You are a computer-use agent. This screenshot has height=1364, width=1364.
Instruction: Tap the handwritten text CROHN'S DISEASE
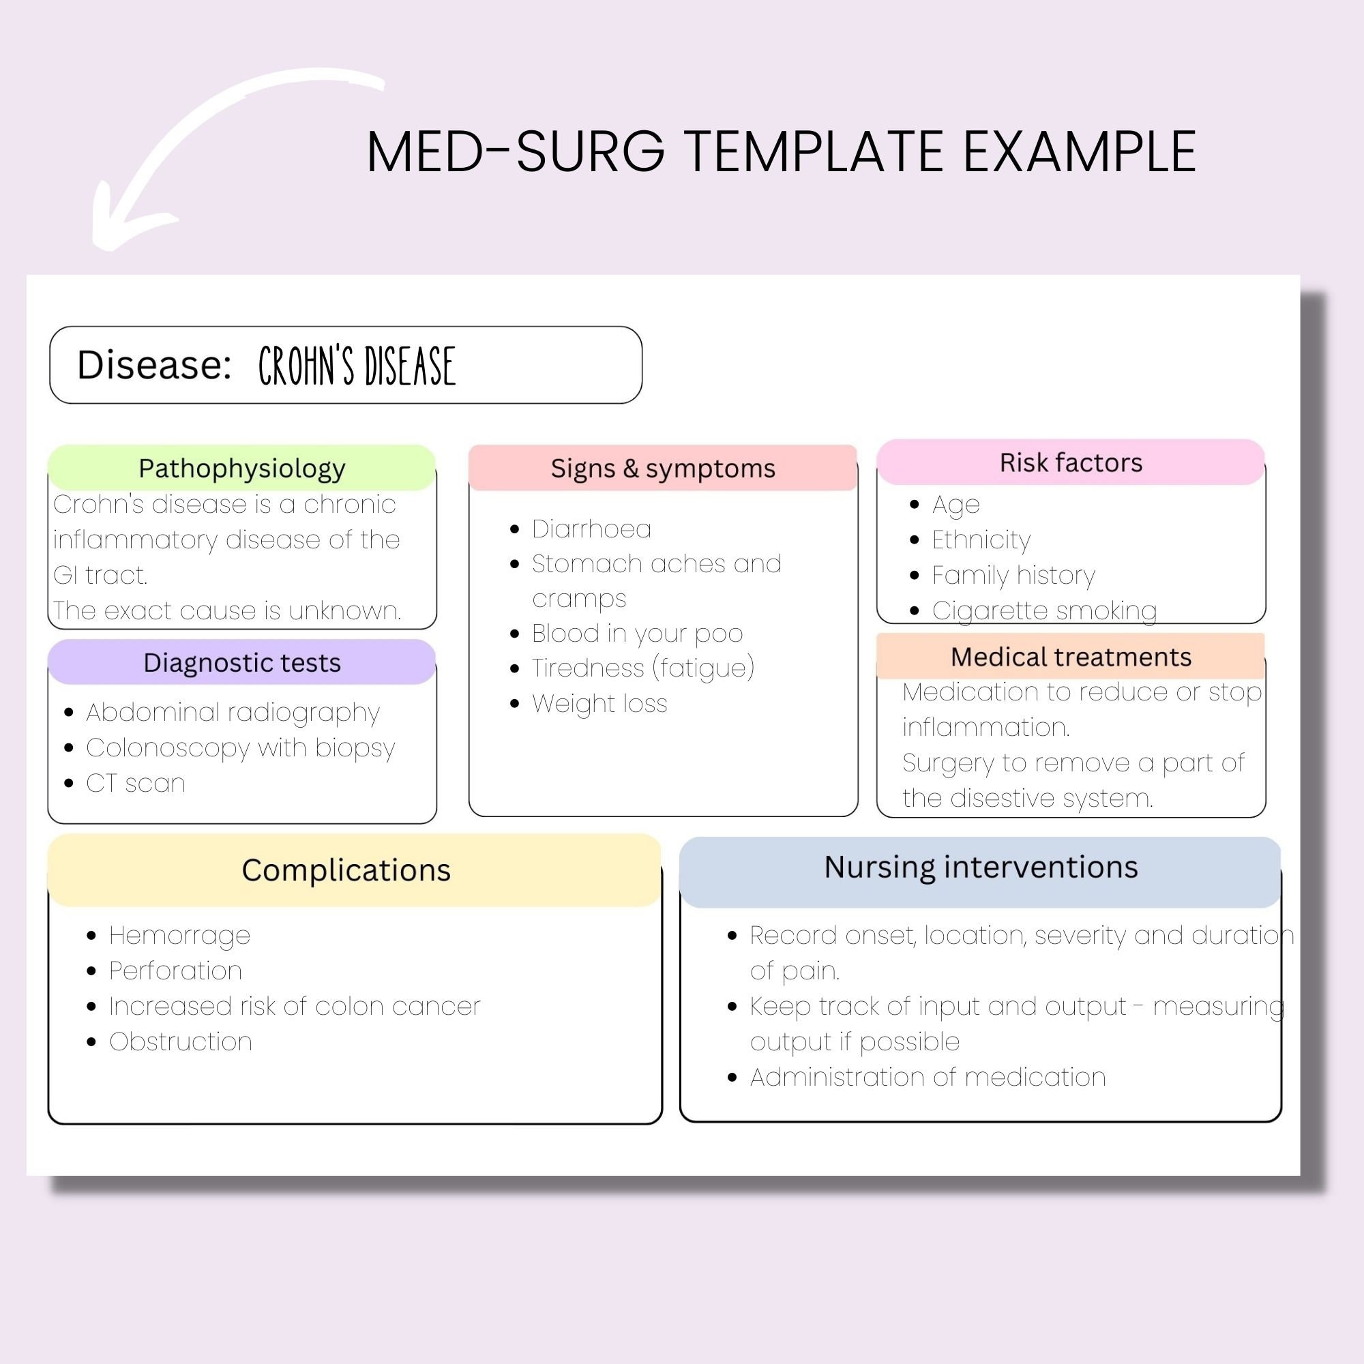pos(357,366)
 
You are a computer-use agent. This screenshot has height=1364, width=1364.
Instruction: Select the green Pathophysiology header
pos(241,468)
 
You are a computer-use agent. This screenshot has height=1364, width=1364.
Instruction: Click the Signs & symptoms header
pos(662,468)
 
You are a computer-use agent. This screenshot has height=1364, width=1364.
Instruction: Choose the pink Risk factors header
pos(1070,462)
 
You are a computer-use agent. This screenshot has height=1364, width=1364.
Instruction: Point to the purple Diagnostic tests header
pos(241,662)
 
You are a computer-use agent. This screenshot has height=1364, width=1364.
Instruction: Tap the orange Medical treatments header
pos(1070,657)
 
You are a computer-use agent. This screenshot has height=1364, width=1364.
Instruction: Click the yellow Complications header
pos(346,870)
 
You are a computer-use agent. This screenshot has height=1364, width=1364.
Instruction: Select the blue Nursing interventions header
pos(981,867)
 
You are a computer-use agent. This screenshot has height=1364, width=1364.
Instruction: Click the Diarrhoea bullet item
pos(591,529)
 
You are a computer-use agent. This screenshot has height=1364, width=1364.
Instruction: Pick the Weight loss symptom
pos(599,703)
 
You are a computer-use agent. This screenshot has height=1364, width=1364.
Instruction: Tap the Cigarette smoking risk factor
pos(1043,610)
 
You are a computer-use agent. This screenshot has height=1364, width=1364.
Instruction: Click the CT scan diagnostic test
pos(136,783)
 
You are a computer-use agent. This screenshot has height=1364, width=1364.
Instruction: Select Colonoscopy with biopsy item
pos(240,747)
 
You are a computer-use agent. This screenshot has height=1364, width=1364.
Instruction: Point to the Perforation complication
pos(175,970)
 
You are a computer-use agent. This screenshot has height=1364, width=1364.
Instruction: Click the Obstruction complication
pos(180,1041)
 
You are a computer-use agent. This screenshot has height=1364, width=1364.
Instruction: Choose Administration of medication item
pos(927,1077)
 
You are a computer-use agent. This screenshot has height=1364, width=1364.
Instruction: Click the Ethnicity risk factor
pos(981,540)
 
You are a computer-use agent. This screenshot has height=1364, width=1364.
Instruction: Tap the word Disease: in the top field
pos(154,365)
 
